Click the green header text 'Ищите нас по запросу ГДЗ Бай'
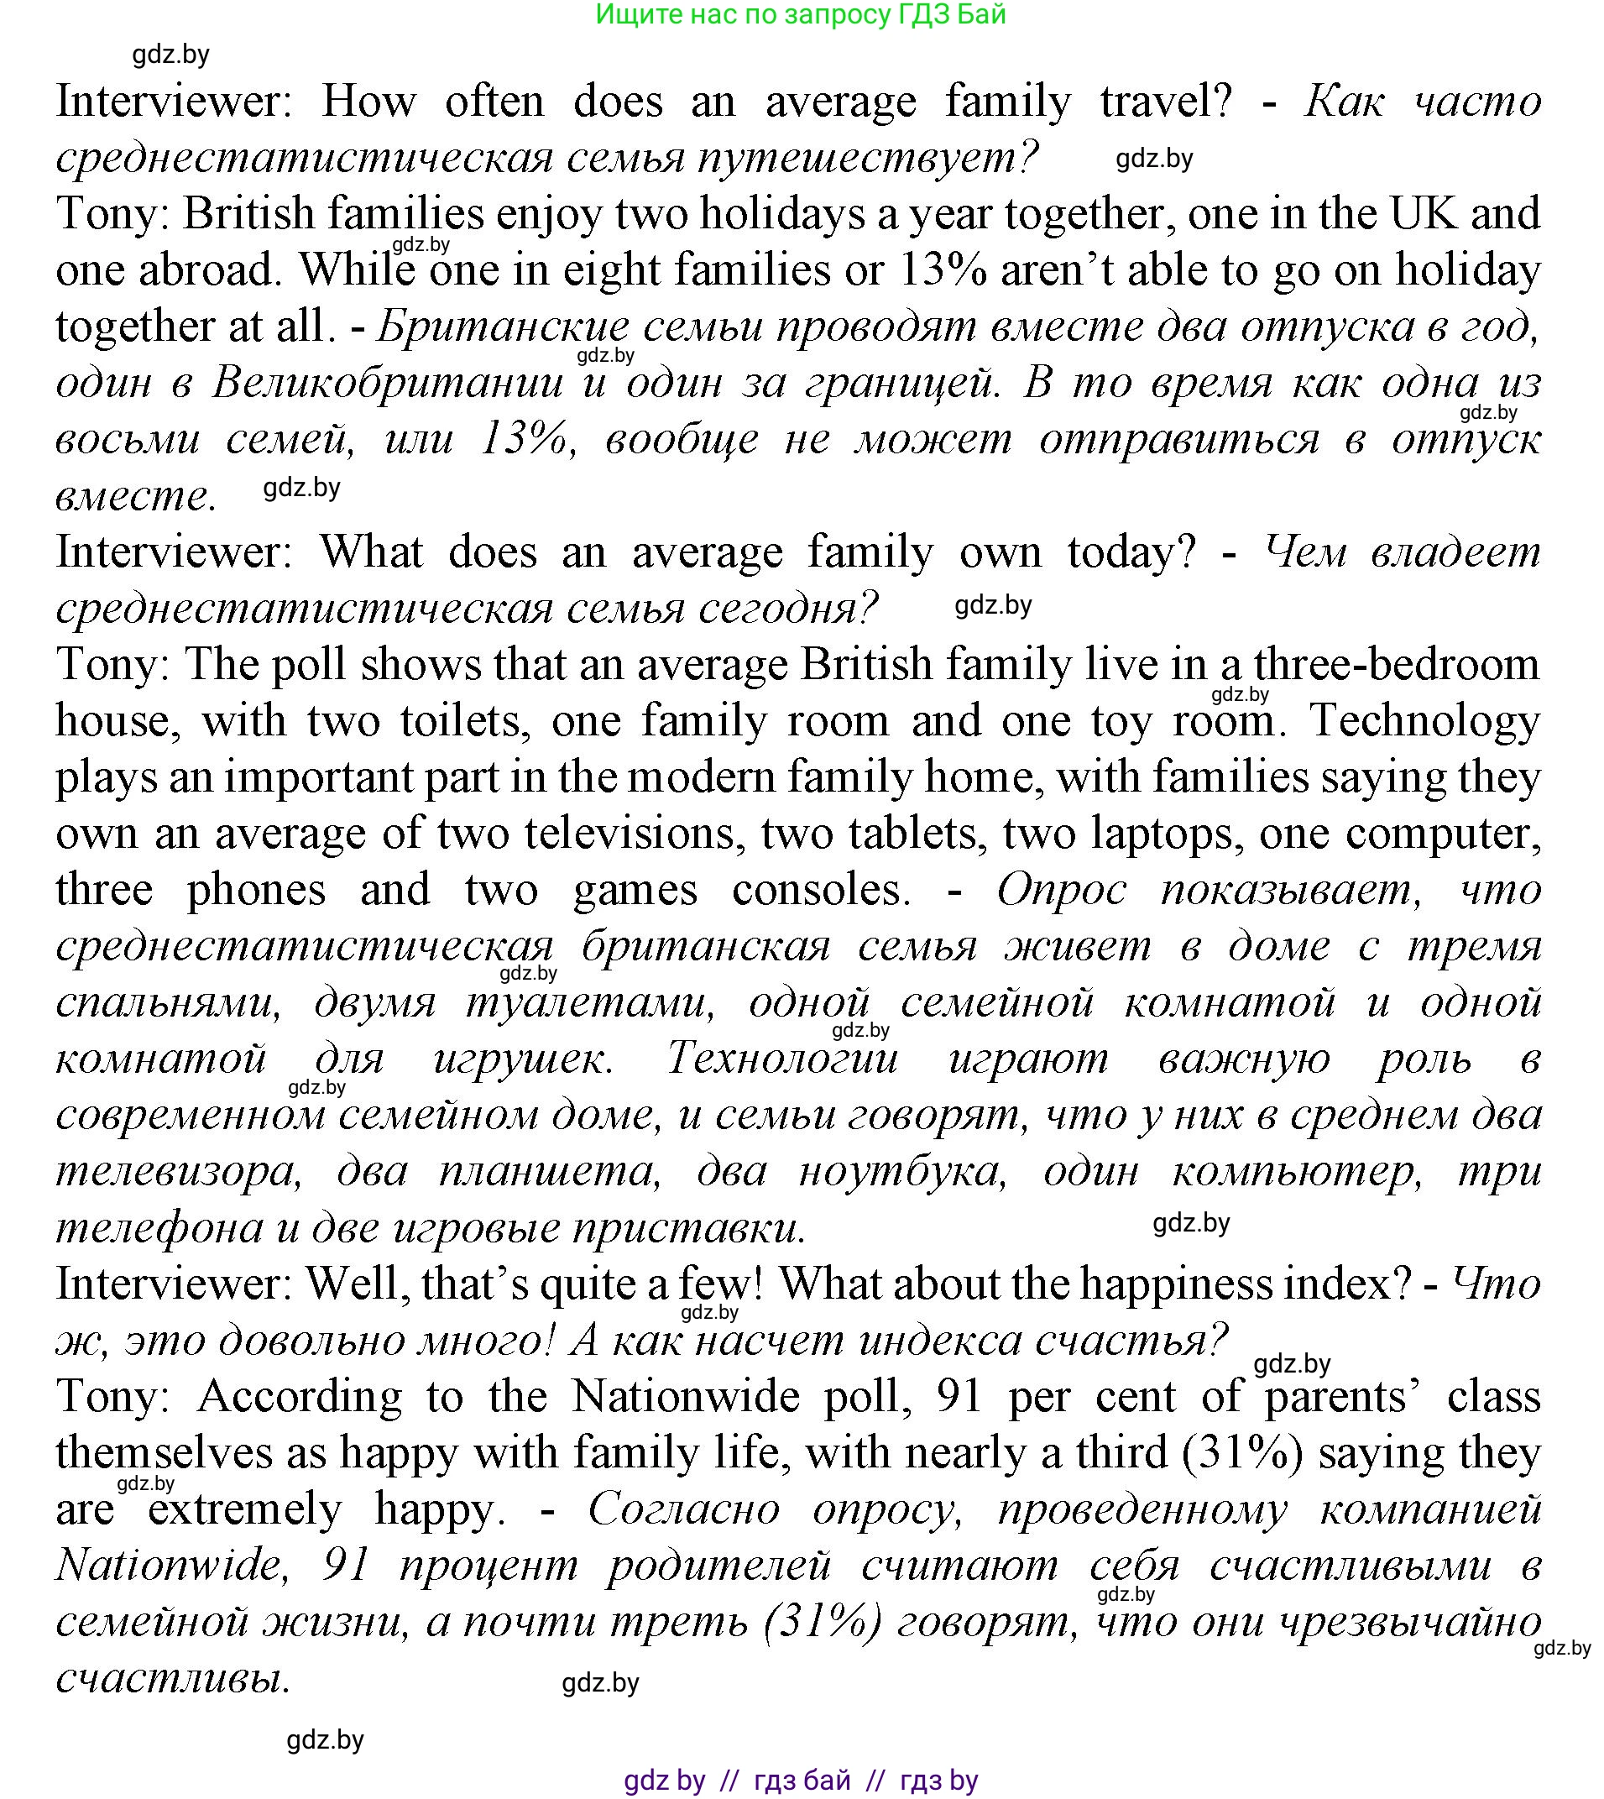(x=800, y=15)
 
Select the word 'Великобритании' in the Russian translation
(x=388, y=384)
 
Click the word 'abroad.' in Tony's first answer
(x=210, y=270)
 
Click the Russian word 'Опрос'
(x=1061, y=890)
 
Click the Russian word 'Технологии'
(x=782, y=1059)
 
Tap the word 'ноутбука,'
(x=902, y=1172)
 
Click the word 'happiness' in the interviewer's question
(x=1177, y=1285)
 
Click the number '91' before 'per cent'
(x=959, y=1398)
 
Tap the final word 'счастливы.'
(x=173, y=1680)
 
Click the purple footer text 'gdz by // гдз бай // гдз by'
(x=800, y=1781)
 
